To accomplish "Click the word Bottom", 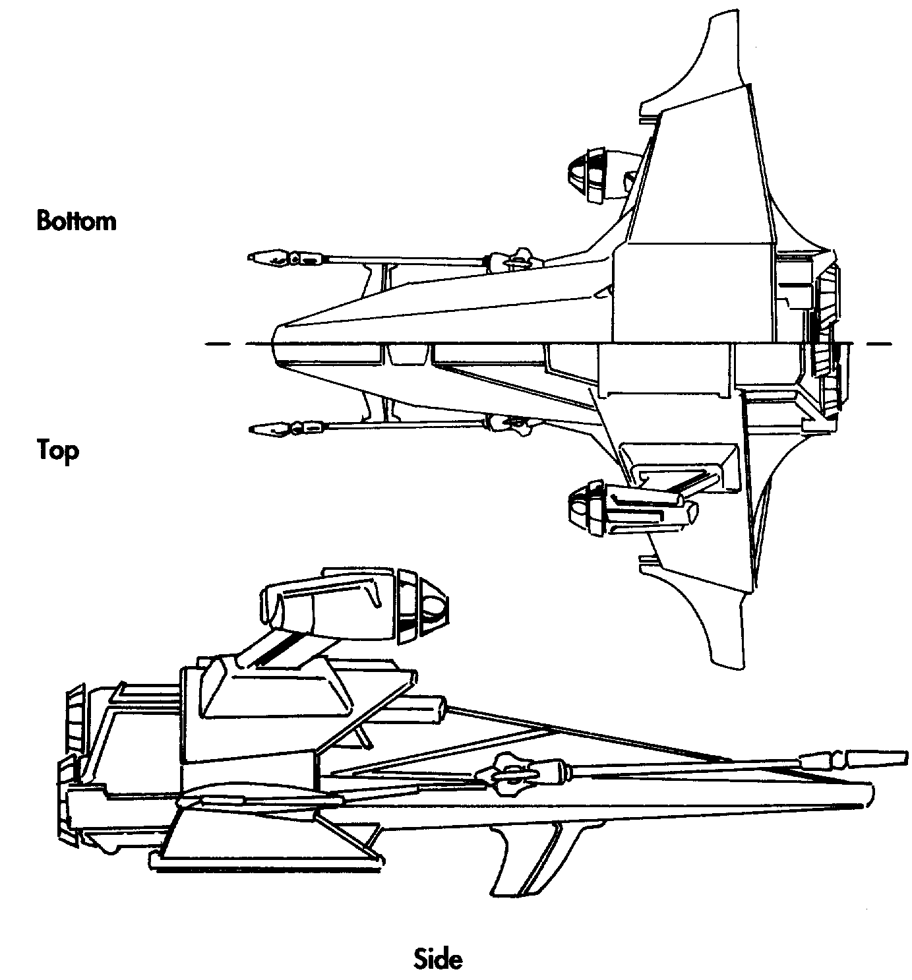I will (x=76, y=220).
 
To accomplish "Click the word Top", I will (x=58, y=451).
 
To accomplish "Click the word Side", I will (x=439, y=958).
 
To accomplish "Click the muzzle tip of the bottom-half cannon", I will (x=252, y=257).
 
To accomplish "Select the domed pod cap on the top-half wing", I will (x=580, y=506).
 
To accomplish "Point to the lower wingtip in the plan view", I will (x=725, y=659).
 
